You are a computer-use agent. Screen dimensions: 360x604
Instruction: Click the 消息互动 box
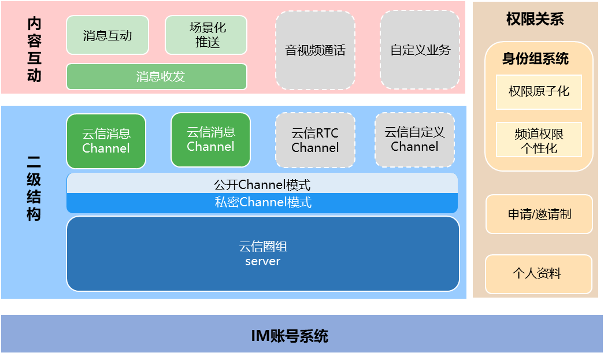108,35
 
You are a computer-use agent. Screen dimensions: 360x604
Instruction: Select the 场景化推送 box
206,35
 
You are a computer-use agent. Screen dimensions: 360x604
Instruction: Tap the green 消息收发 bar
157,77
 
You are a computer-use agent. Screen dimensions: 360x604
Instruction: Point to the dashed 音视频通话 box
315,50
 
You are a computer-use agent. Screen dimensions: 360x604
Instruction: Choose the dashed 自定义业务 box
420,50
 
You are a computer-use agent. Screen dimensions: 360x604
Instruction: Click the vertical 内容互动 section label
34,50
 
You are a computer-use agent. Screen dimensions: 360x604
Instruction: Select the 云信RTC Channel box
315,140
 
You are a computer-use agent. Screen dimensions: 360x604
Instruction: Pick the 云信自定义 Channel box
414,139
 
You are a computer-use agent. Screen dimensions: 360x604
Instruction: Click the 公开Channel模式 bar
262,185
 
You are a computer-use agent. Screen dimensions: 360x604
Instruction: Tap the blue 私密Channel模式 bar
262,203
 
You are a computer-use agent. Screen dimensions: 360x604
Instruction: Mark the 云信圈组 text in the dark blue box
263,247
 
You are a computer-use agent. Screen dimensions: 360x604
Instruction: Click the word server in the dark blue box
262,261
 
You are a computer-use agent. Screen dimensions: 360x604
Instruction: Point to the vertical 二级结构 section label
34,188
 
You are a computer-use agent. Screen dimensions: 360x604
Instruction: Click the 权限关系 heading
535,19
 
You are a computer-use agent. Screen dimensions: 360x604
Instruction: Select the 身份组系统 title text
535,59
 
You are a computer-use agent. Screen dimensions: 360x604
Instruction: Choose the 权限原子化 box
539,91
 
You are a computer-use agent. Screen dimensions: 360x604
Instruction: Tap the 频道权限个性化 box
539,140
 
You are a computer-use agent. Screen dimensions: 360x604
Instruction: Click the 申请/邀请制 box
539,214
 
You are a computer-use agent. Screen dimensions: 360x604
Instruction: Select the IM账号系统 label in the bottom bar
290,336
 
